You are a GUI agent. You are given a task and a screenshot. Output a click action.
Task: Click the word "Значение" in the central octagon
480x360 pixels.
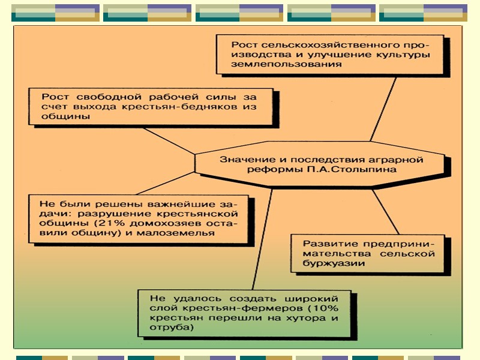pyautogui.click(x=241, y=160)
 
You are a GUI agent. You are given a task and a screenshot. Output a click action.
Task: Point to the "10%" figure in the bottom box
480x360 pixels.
pyautogui.click(x=325, y=308)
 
